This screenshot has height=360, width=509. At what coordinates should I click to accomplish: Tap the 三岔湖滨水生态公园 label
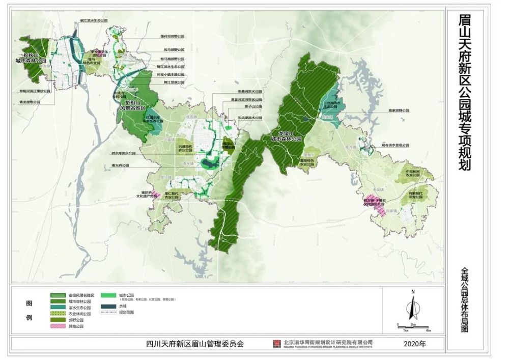click(330, 105)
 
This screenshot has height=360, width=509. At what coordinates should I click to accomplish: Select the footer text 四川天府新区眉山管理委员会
click(191, 344)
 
